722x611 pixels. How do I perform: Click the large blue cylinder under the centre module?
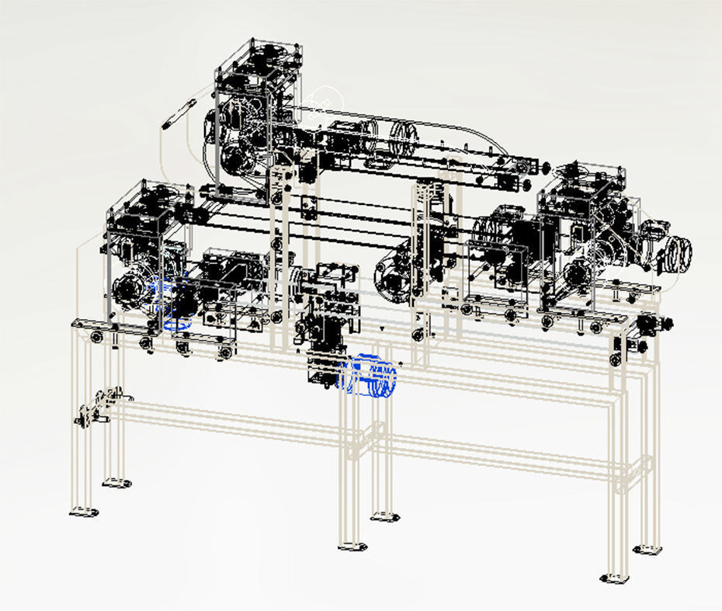click(369, 376)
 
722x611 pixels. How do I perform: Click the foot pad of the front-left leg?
click(84, 511)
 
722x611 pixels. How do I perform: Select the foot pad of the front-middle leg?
click(353, 546)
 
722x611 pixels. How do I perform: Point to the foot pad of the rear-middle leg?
click(384, 515)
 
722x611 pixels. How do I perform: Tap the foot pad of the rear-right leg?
click(647, 548)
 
